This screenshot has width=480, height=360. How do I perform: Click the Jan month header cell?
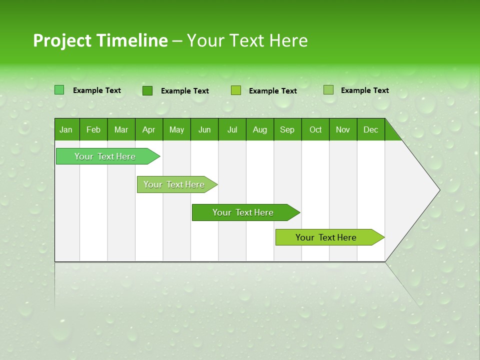[x=66, y=129]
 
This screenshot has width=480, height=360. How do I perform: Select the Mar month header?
[x=121, y=129]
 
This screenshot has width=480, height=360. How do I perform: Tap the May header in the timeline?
[x=176, y=129]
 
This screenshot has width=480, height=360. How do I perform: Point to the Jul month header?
[x=232, y=129]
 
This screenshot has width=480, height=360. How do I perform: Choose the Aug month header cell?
[x=259, y=129]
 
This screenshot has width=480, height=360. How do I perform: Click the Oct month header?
[x=315, y=129]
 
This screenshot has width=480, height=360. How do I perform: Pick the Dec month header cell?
[x=370, y=129]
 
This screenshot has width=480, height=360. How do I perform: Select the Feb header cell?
[x=93, y=129]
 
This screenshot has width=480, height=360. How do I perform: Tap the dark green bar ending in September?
[x=243, y=212]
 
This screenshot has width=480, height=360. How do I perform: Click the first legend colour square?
[x=59, y=90]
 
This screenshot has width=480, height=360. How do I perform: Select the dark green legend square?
[x=147, y=90]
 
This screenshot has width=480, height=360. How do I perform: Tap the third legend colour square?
[x=236, y=90]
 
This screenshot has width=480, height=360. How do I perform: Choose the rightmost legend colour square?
[x=328, y=90]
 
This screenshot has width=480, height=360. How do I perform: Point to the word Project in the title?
[x=62, y=40]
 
